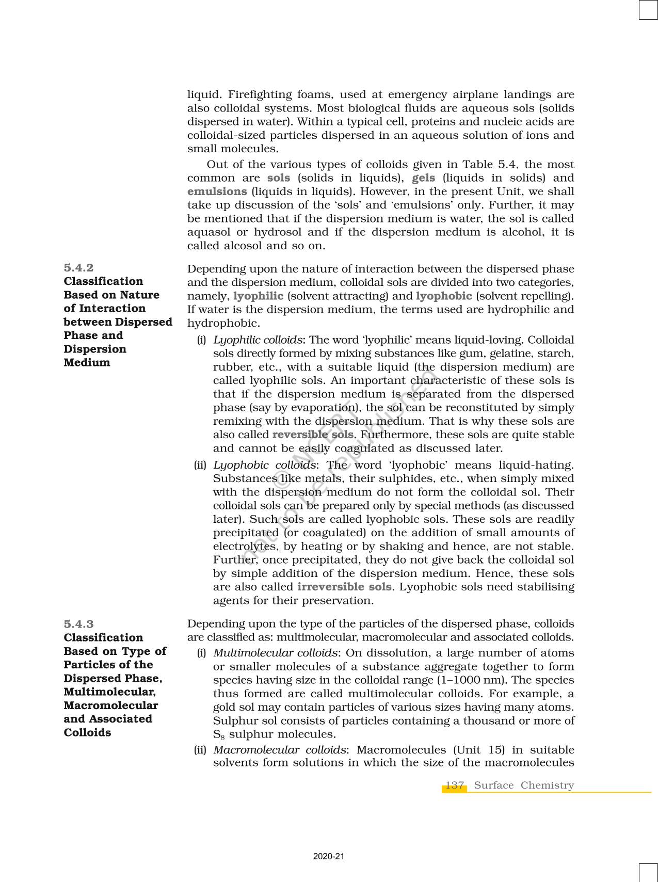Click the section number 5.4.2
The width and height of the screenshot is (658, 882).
click(78, 267)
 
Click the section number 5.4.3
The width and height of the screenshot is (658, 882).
click(78, 624)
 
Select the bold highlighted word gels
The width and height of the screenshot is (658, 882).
click(423, 178)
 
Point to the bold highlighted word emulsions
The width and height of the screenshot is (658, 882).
click(217, 191)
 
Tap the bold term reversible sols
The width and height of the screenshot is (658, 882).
click(313, 435)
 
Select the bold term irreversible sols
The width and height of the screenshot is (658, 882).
click(344, 587)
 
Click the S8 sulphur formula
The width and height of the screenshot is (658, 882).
click(219, 735)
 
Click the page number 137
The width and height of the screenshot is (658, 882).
click(454, 785)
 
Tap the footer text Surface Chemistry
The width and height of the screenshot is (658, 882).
click(523, 785)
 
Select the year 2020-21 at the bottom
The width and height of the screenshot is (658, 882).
click(329, 857)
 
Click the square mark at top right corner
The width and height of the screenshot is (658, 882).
click(648, 10)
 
